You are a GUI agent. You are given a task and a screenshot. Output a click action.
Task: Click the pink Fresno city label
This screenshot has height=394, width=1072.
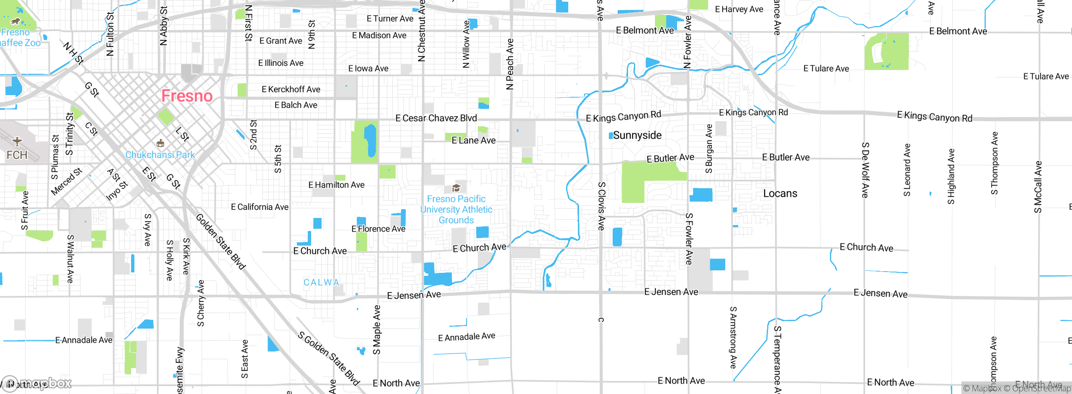point(187,96)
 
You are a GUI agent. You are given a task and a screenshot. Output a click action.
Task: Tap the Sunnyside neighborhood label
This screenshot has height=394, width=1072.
point(637,135)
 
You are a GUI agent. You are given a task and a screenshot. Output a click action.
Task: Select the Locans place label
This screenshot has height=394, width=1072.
point(780,193)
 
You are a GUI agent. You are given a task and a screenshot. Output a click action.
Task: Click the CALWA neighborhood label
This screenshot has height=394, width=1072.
point(321,283)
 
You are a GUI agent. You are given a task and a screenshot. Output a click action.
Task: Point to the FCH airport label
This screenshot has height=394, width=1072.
point(17,155)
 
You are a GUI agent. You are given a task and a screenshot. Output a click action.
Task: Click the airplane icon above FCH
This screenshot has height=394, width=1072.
point(17,141)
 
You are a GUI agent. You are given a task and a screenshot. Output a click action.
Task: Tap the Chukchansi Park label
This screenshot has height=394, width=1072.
point(160,155)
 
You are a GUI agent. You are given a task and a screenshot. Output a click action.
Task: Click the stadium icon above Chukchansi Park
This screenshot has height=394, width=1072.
point(160,144)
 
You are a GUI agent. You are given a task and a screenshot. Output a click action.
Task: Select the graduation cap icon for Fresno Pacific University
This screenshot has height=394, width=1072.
point(456,188)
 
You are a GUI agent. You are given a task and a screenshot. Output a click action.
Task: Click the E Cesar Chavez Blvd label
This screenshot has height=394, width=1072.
point(436,118)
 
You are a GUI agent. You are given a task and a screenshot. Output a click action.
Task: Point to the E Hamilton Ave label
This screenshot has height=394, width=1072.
point(336,185)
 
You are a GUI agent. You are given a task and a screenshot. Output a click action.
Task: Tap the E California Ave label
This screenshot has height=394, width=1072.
point(260,207)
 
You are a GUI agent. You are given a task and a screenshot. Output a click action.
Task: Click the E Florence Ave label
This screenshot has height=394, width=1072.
point(378,229)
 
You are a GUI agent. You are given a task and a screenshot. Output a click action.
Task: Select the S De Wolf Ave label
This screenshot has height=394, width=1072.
point(865,170)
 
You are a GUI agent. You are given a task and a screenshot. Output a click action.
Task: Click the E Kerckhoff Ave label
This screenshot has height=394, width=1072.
point(291,89)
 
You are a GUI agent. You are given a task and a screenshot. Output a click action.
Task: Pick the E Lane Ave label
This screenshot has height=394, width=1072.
point(473,140)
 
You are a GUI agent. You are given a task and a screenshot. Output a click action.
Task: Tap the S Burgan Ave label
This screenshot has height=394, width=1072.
point(709,149)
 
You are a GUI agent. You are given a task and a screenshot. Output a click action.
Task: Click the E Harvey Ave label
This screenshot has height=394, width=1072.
point(739,9)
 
